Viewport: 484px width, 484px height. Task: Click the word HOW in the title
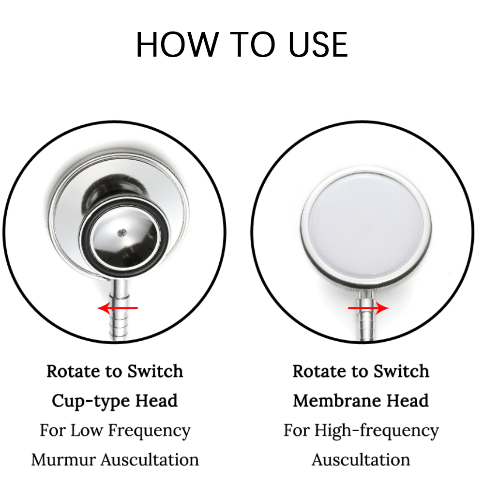pos(178,45)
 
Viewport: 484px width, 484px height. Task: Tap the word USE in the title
pos(318,45)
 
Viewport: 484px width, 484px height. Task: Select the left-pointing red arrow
pos(118,308)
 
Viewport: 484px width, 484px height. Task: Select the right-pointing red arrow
pos(368,308)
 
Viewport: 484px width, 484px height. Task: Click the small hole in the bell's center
pos(122,233)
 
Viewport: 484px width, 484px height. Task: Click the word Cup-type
pos(91,401)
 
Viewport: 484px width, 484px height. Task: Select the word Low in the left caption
pos(86,430)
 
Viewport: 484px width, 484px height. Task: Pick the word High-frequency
pos(377,431)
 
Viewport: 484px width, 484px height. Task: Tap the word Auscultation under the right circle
pos(361,460)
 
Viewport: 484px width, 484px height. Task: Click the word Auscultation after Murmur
pos(150,460)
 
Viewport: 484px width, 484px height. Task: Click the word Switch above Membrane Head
pos(401,371)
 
